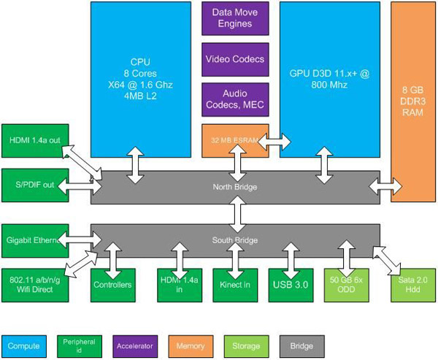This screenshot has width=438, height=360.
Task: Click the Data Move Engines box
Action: [x=235, y=18]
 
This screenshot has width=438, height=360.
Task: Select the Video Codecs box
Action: [x=235, y=58]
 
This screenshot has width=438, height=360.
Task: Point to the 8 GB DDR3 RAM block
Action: [x=413, y=102]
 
